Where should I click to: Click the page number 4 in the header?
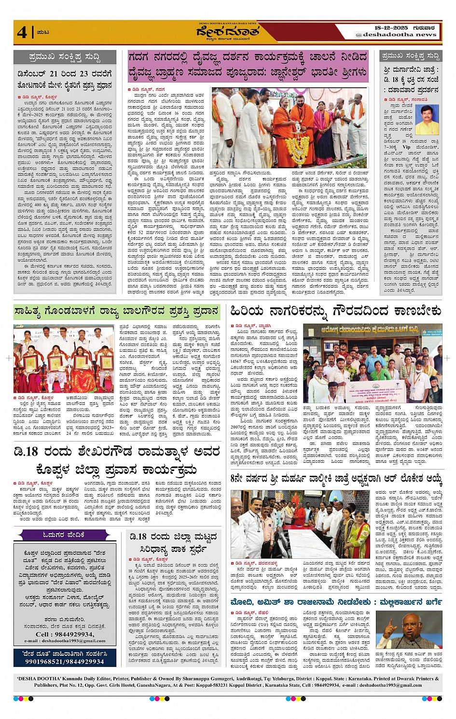(22, 32)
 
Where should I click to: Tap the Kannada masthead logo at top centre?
(227, 32)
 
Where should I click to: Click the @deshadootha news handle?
(396, 35)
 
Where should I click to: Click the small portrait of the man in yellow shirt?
(427, 120)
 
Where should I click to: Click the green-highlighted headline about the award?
(116, 311)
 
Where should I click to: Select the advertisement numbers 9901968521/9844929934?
(65, 662)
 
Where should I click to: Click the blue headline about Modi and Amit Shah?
(336, 602)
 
